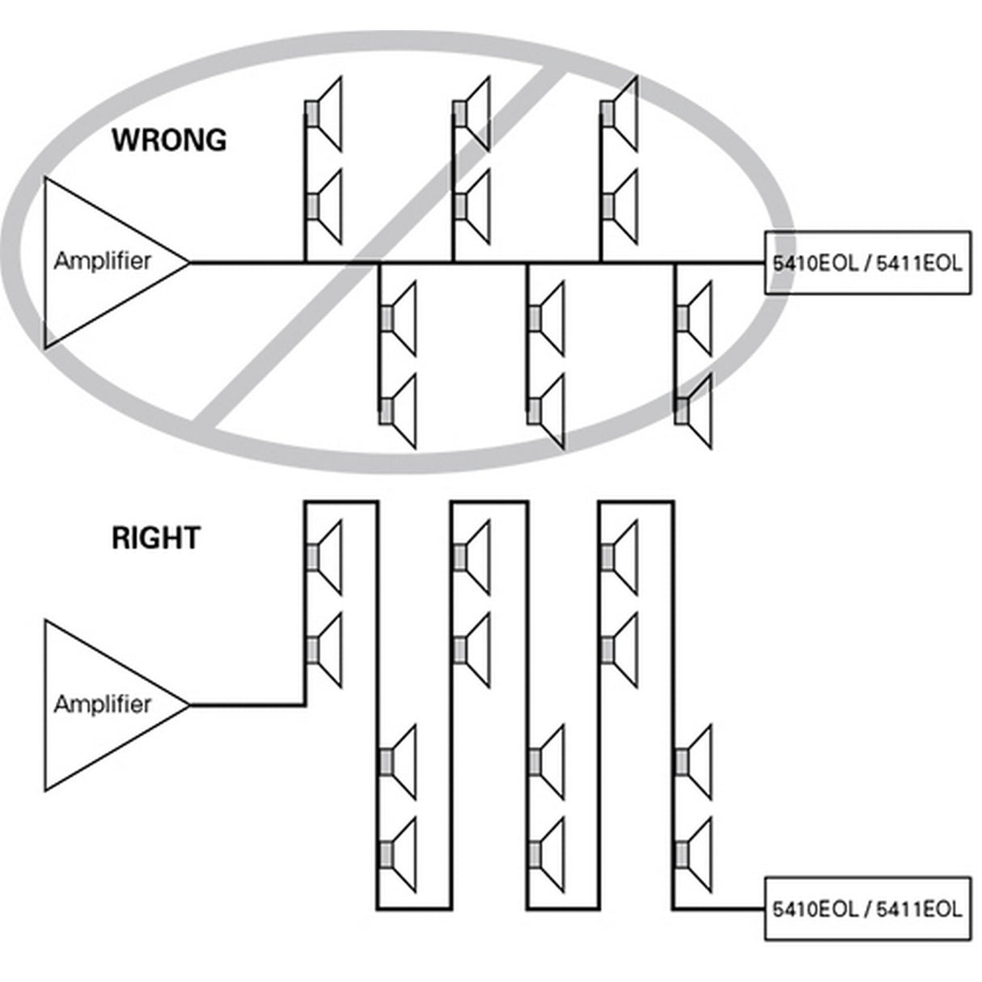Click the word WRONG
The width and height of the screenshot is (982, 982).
tap(169, 140)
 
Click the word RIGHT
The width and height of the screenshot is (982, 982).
tap(155, 538)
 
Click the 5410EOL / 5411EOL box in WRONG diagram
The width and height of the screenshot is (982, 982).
tap(867, 263)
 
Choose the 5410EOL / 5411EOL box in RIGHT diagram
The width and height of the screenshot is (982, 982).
tap(867, 908)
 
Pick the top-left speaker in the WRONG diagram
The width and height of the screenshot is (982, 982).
tap(324, 113)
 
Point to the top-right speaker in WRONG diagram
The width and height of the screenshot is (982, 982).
tap(620, 113)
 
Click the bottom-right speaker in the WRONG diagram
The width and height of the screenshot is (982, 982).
tap(694, 410)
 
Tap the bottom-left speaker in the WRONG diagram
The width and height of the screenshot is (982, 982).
tap(398, 410)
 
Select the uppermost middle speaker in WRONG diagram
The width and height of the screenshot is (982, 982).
tap(472, 113)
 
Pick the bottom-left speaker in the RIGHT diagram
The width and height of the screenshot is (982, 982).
tap(398, 853)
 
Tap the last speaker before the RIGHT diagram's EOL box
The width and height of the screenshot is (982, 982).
tap(694, 853)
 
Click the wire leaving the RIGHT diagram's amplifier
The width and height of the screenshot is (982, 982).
tap(247, 705)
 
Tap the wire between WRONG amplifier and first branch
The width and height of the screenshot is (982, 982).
tap(247, 263)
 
